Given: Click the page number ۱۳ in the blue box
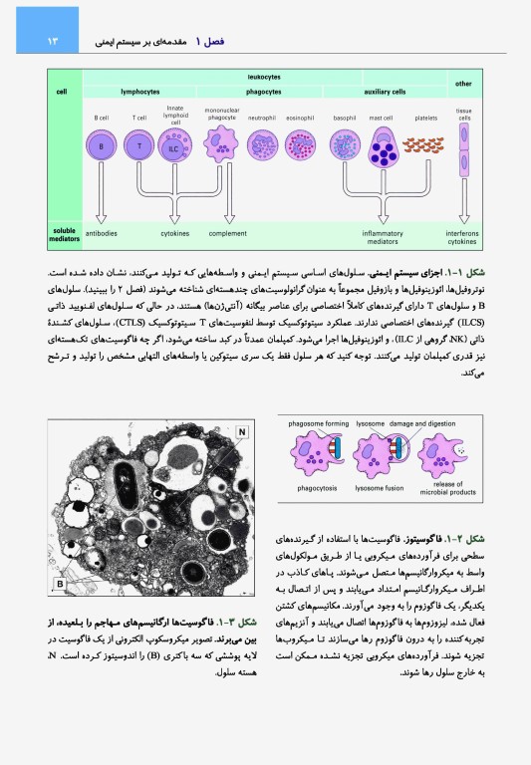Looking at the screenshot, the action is (x=26, y=42).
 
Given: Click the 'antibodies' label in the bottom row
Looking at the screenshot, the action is (x=102, y=234).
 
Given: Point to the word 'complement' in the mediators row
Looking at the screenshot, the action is (x=227, y=234).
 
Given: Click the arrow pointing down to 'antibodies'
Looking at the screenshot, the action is (x=101, y=204).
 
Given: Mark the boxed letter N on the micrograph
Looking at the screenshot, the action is (x=242, y=432).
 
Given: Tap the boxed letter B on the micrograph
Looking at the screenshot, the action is (x=60, y=583).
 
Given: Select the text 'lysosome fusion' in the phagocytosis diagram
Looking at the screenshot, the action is (x=379, y=489).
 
